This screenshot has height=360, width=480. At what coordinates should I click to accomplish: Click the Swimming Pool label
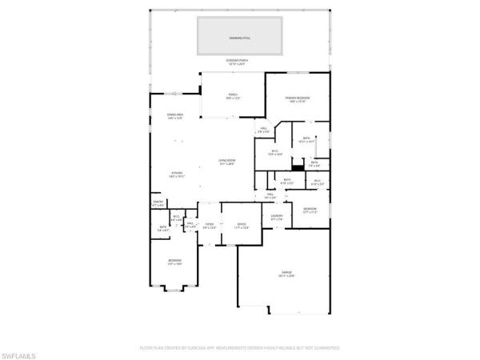[240, 37]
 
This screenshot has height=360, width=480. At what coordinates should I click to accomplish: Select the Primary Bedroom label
[298, 99]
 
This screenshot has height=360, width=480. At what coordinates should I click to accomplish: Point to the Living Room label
[226, 163]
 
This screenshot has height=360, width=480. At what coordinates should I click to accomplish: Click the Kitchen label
[177, 175]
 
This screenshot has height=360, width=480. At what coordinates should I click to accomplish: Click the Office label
[242, 226]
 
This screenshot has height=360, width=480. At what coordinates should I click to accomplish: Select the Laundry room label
[277, 218]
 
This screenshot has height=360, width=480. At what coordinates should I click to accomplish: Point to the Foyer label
[209, 226]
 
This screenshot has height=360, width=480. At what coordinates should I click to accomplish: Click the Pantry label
[158, 203]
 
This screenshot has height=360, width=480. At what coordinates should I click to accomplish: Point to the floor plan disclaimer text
[240, 348]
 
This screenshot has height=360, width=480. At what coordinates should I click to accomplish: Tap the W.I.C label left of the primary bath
[274, 153]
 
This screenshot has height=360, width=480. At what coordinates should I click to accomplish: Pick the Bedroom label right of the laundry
[309, 211]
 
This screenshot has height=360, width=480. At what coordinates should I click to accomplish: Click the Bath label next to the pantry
[162, 228]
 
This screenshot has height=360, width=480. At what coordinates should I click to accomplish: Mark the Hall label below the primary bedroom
[263, 130]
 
